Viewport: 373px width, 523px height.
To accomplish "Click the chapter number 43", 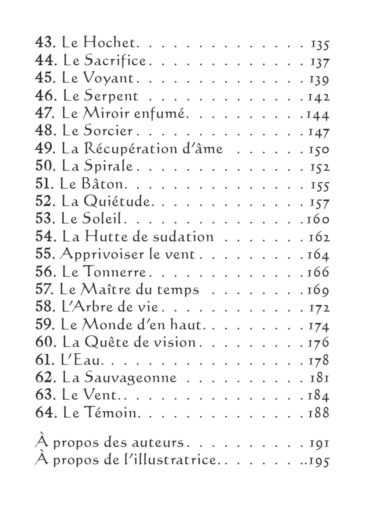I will click(x=44, y=42).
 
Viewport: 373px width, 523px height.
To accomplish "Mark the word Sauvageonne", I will click(x=130, y=378).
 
